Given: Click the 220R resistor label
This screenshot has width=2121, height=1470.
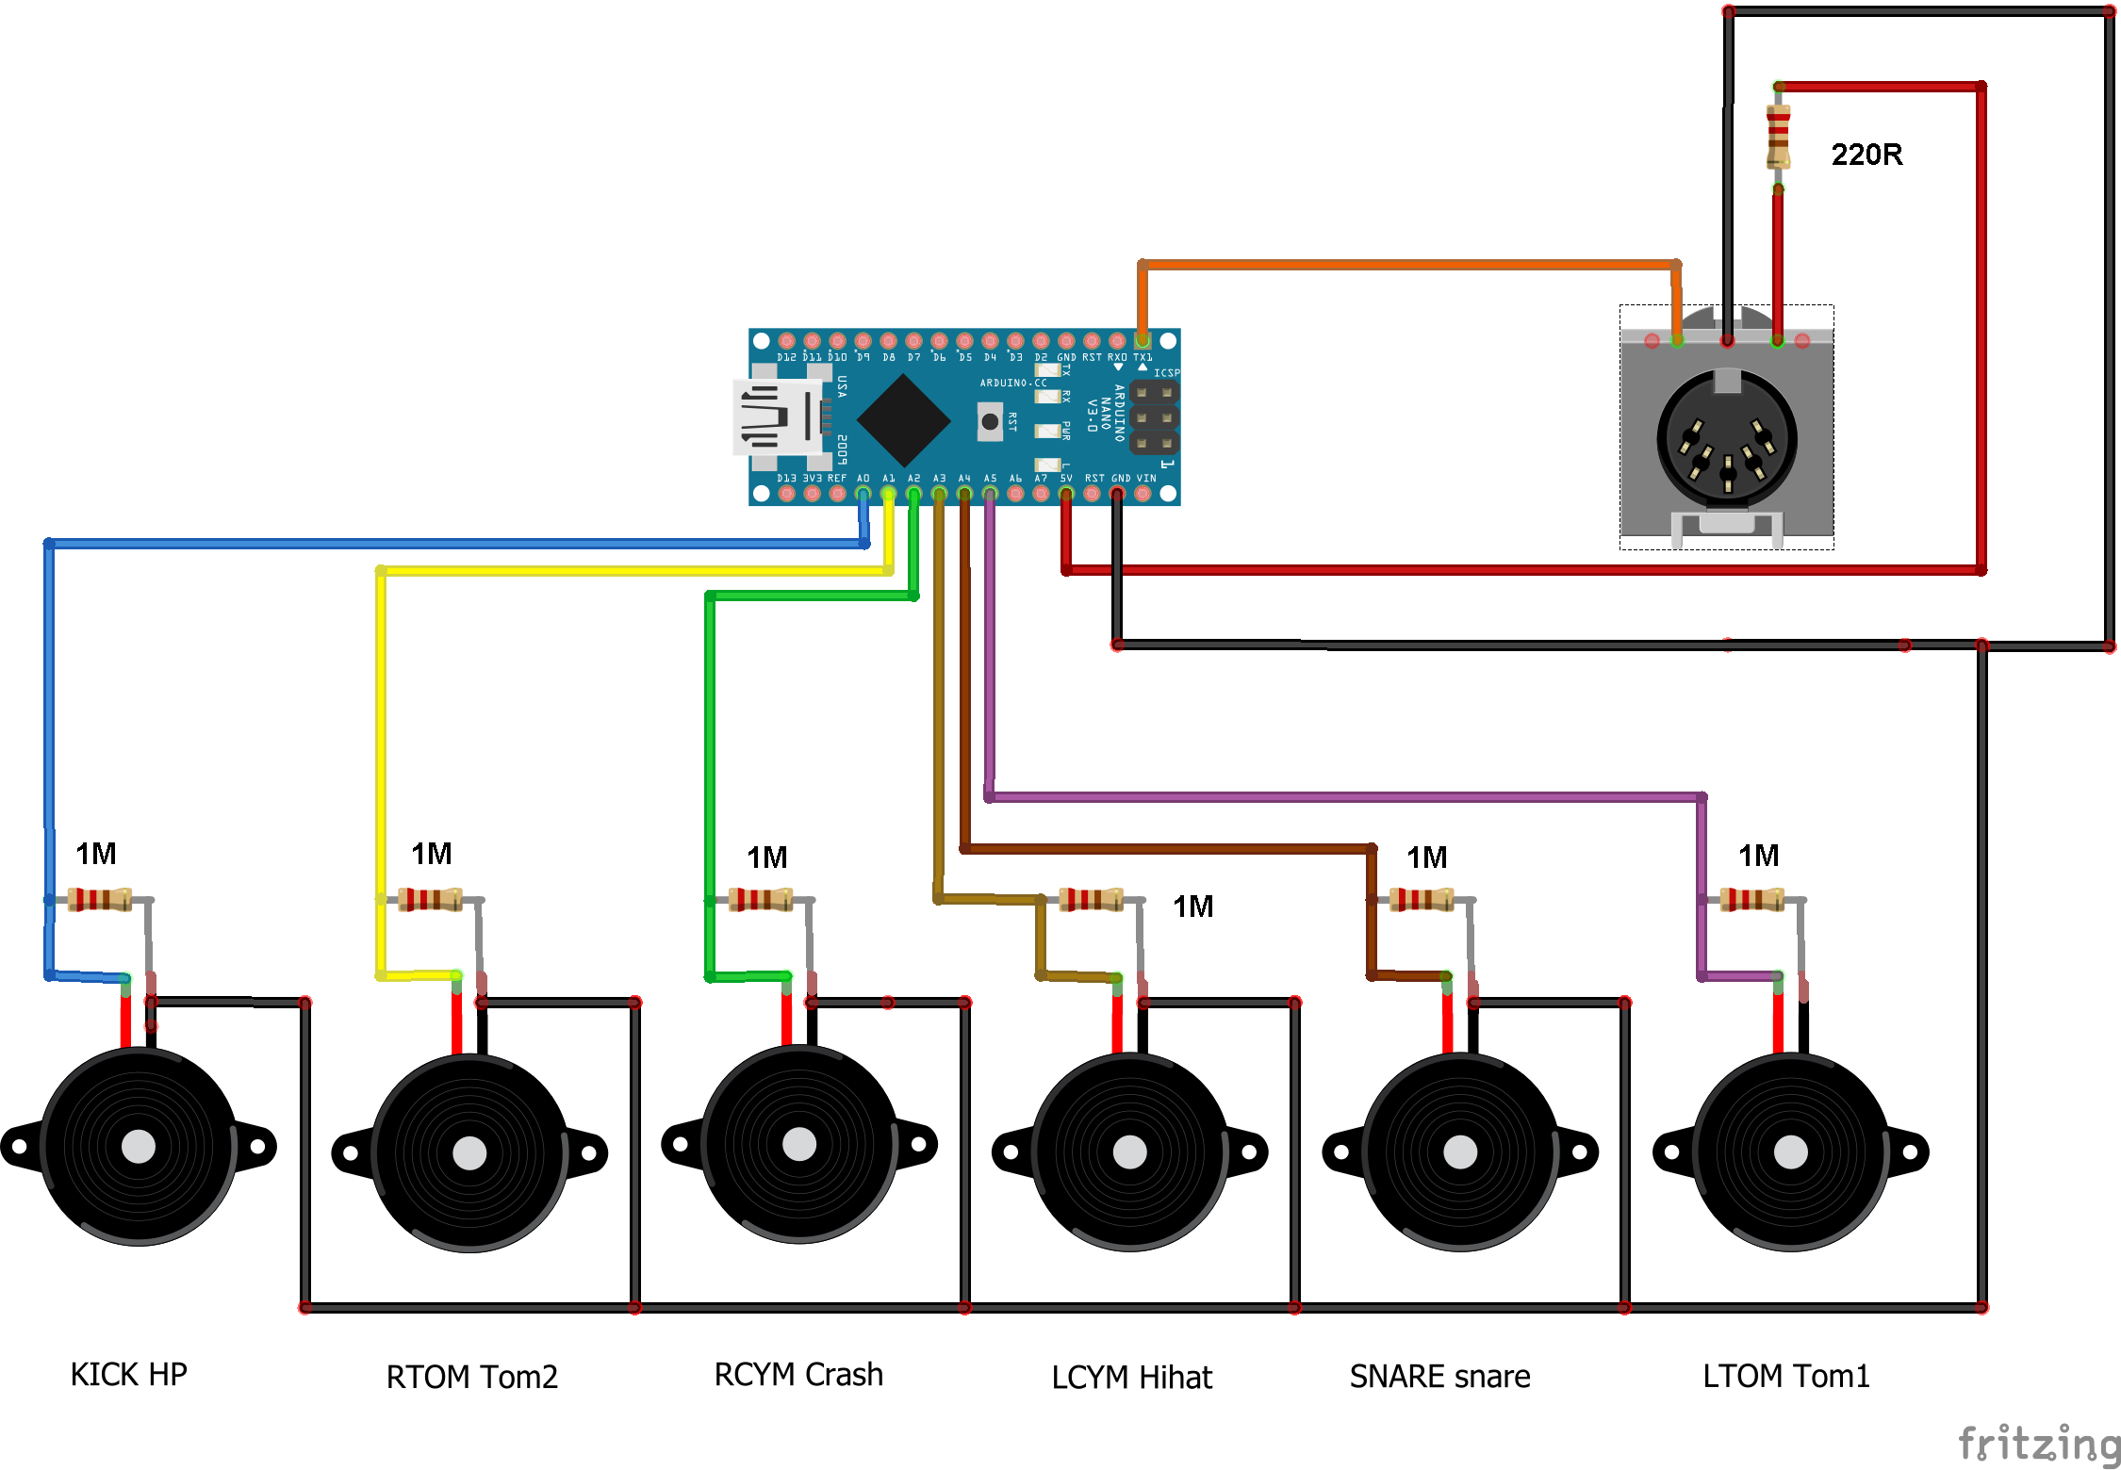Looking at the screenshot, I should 1866,155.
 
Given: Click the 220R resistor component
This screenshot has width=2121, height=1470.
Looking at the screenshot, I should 1778,138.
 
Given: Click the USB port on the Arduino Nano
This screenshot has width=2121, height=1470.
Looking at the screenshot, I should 776,417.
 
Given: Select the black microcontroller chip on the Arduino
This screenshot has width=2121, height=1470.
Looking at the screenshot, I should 903,420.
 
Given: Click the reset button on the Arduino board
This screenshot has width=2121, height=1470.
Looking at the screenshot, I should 990,421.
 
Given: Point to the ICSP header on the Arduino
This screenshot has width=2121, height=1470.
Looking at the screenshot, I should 1154,417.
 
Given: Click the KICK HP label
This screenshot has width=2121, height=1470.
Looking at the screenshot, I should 128,1374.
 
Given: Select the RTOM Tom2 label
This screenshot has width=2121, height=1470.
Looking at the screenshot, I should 471,1377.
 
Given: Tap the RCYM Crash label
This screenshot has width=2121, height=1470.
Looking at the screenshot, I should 798,1374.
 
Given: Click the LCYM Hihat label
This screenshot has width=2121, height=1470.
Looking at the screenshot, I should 1131,1377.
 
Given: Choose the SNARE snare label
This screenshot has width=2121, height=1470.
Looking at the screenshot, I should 1439,1376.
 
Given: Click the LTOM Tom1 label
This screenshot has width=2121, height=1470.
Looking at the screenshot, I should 1785,1376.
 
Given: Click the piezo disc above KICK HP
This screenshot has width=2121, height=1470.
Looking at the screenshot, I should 139,1146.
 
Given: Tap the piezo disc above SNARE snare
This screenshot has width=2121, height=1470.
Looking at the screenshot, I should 1460,1151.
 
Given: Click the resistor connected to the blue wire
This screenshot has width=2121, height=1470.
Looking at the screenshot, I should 99,900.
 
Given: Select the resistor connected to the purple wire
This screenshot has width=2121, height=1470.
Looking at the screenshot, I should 1751,900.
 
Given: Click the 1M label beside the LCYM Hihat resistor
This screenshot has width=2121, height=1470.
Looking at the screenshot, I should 1192,906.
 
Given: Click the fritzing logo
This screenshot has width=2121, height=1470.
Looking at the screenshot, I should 2040,1444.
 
